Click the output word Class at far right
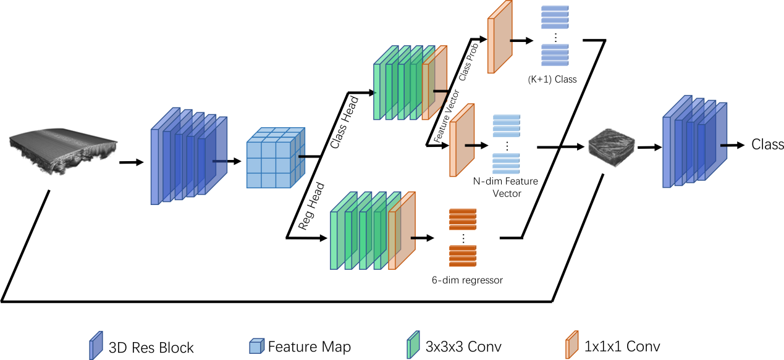pos(767,145)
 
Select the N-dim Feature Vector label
pos(505,187)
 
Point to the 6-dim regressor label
pos(467,280)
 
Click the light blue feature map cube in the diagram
pos(272,159)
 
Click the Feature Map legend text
pos(309,346)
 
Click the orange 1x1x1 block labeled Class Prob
pos(500,37)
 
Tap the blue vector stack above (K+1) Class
pos(555,35)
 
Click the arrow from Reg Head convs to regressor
pos(423,237)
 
